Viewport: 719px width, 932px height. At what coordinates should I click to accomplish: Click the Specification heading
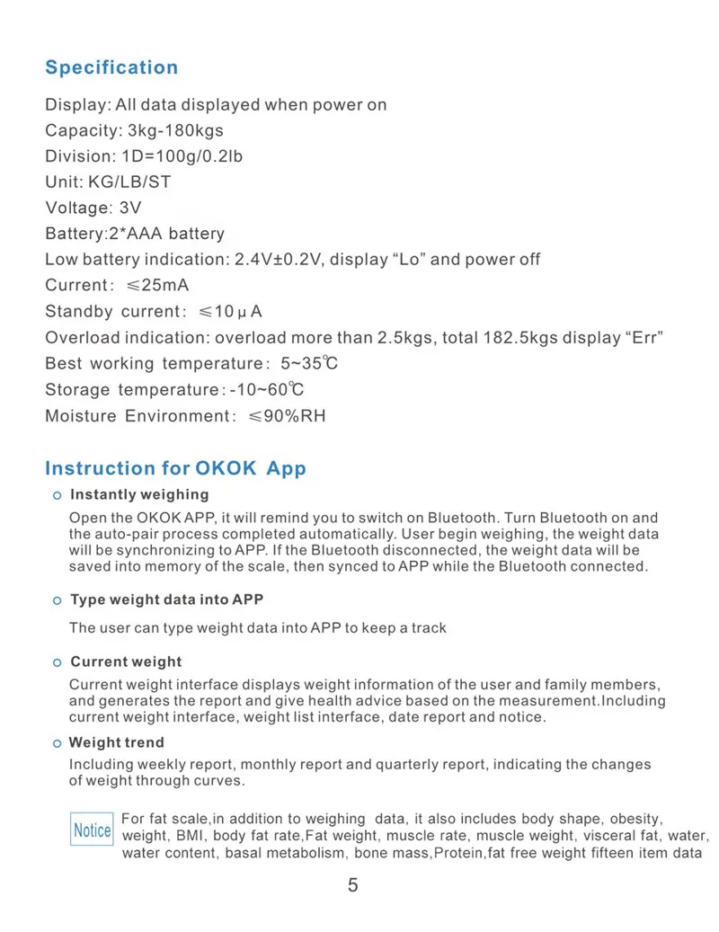111,67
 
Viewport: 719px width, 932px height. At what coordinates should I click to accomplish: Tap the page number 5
352,885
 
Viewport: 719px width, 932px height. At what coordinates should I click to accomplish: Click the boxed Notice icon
93,830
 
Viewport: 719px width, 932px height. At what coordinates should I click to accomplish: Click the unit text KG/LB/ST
129,182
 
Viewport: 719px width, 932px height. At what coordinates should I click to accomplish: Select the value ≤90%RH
288,416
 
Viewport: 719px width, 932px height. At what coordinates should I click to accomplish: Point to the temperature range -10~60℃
267,390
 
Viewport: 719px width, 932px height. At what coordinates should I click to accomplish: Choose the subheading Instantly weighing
139,494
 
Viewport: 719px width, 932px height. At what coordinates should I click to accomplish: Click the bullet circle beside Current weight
57,662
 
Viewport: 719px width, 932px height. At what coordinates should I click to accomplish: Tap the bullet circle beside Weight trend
57,743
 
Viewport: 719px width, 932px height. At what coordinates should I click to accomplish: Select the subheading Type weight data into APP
166,599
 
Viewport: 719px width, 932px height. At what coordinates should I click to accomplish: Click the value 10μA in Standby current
238,312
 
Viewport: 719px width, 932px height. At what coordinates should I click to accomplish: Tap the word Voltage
76,208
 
